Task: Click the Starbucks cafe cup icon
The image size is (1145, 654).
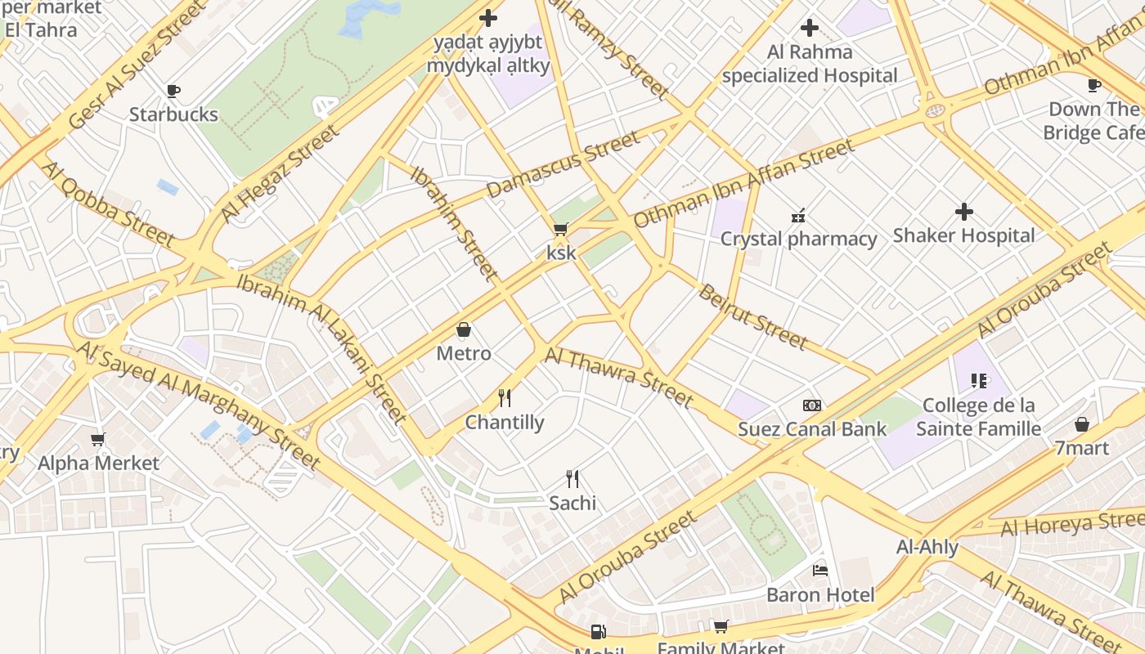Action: tap(173, 91)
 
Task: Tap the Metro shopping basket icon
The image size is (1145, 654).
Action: tap(464, 330)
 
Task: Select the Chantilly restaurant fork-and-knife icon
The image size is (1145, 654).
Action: tap(505, 398)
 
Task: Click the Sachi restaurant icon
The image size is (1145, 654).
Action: tap(572, 479)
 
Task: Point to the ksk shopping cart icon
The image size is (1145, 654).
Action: tap(561, 230)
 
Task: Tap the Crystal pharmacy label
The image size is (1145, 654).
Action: tap(798, 239)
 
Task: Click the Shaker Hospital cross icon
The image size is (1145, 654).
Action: tap(964, 213)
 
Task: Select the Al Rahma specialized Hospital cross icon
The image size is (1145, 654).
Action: tap(810, 28)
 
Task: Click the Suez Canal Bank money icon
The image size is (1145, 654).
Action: tap(812, 405)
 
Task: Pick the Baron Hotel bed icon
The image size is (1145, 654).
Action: tap(820, 571)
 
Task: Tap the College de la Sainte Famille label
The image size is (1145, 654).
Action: tap(978, 417)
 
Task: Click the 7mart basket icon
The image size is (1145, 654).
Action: tap(1082, 424)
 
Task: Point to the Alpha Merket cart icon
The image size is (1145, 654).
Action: tap(98, 440)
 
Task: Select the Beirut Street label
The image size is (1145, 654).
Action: tap(752, 316)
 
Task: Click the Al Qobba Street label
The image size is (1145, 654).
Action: tap(107, 204)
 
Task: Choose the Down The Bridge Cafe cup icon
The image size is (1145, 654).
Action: tap(1094, 85)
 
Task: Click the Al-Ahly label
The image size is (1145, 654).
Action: tap(927, 547)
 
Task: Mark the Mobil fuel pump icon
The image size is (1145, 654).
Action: tap(599, 632)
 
